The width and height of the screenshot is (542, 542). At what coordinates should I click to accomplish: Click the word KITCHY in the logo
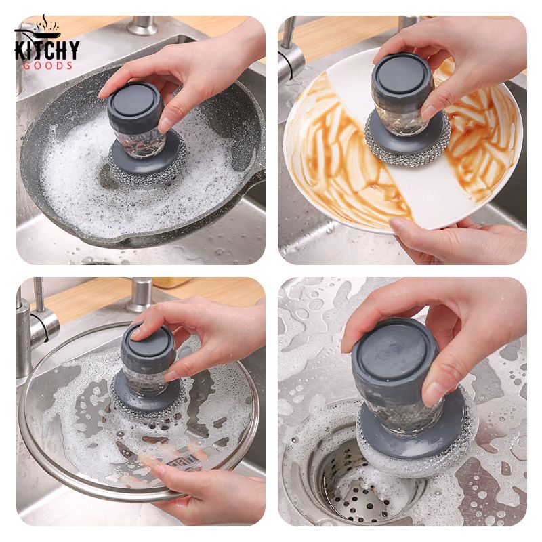[x=47, y=50]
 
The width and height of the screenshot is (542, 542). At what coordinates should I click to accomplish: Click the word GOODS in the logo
[x=47, y=66]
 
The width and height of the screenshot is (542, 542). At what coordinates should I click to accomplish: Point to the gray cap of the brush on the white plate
[x=402, y=79]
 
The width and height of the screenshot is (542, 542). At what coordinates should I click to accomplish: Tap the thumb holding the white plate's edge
[x=406, y=226]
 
